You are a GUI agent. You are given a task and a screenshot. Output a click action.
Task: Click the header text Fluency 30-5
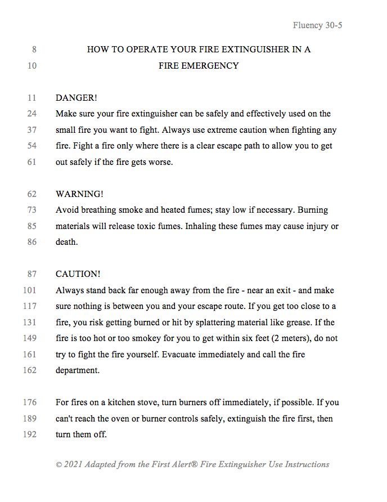[x=317, y=26]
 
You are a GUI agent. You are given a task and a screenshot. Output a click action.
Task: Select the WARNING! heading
[x=79, y=194]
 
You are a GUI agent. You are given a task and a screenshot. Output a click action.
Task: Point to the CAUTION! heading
[x=78, y=274]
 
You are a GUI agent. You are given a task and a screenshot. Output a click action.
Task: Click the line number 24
[x=31, y=114]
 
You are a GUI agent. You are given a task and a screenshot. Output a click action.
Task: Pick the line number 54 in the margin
[x=31, y=146]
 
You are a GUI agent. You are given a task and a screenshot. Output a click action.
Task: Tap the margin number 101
[x=29, y=290]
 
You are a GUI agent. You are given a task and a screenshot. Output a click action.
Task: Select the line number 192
[x=29, y=435]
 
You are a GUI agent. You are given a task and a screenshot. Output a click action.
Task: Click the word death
[x=66, y=243]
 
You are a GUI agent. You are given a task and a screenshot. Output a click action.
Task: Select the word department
[x=77, y=371]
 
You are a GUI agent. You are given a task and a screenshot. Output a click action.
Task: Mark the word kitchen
[x=118, y=403]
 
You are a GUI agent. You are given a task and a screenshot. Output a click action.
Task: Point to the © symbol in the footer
[x=59, y=465]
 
